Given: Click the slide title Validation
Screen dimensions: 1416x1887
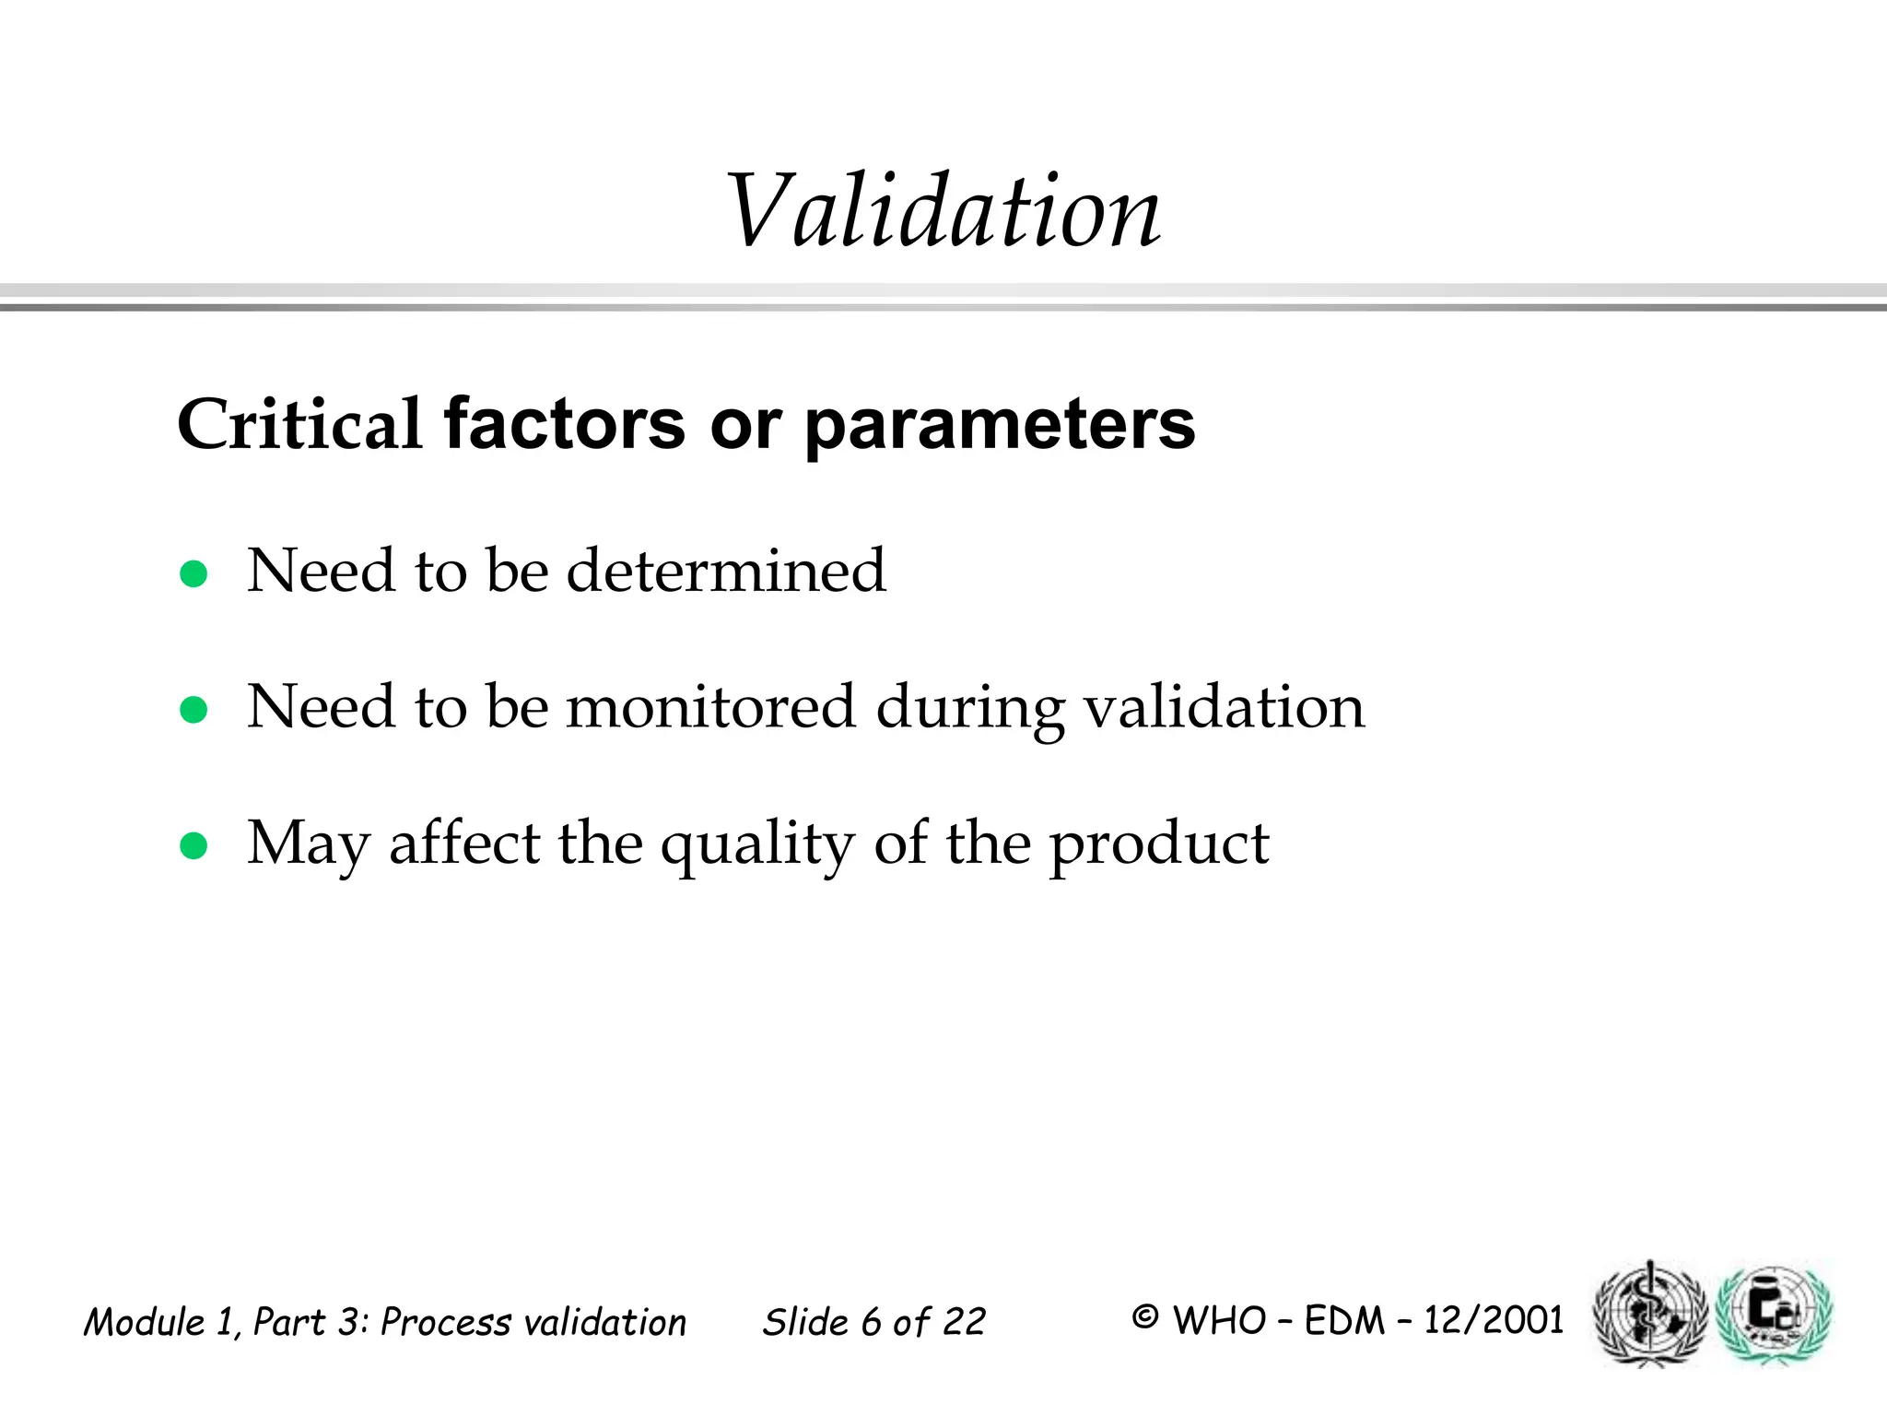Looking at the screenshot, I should point(943,212).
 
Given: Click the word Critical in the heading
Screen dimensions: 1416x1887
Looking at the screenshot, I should point(299,425).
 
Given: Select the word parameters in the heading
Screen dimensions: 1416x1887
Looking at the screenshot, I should point(999,425).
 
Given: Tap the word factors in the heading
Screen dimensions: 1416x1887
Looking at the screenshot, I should point(564,425).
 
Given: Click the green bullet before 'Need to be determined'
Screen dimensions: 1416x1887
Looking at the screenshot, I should point(193,574).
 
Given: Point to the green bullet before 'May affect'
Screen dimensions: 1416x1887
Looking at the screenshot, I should point(193,845).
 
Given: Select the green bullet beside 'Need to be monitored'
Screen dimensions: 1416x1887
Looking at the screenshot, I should point(193,710).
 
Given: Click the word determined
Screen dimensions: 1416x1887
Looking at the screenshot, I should point(725,571).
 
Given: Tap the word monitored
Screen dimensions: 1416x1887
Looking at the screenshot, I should point(710,707).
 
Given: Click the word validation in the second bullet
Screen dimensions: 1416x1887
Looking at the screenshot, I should point(1224,707).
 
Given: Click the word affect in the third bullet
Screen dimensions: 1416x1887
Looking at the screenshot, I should point(464,843).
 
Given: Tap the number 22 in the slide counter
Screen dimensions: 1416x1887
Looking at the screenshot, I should point(964,1322).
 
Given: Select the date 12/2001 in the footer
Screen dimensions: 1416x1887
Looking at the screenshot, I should point(1493,1320).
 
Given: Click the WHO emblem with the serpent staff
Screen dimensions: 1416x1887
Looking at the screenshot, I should point(1649,1313).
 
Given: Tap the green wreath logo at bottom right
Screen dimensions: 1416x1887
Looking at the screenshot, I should point(1774,1313).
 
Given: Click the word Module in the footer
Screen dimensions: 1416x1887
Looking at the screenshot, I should point(144,1322).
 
